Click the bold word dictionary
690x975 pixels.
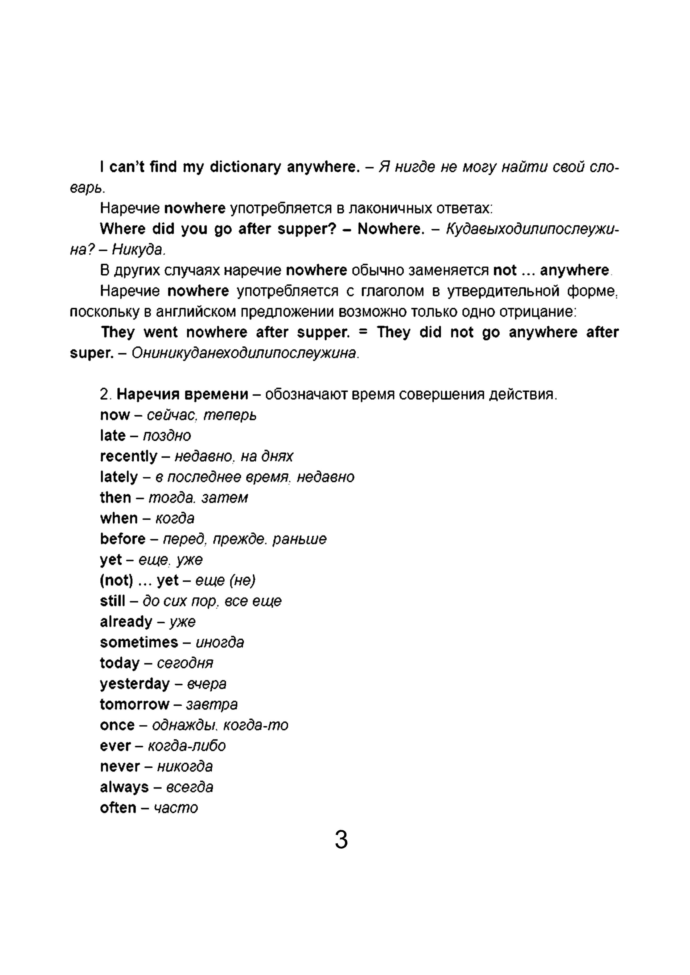point(246,167)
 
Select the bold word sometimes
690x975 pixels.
point(139,642)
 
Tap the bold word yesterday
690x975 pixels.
point(135,684)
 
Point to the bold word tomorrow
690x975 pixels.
point(134,704)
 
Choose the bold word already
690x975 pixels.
point(126,622)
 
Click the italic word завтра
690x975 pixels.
point(212,704)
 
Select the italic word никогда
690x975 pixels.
point(185,766)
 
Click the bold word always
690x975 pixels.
point(124,787)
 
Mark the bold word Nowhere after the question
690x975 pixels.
point(391,229)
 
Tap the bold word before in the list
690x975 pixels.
point(123,539)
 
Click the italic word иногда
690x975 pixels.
point(220,642)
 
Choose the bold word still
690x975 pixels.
point(113,601)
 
